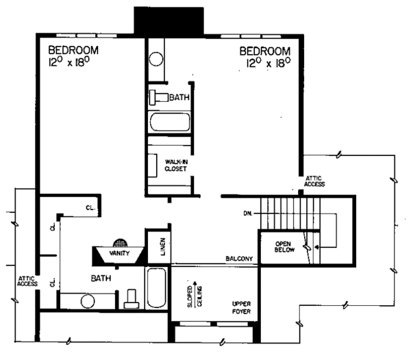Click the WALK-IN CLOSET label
tap(177, 165)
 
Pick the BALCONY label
tap(240, 259)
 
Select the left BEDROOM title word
tap(73, 50)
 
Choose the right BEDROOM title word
tap(264, 50)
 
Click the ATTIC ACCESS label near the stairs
tap(316, 181)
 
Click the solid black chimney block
tap(169, 21)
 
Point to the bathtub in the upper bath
tap(170, 123)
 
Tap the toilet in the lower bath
tap(132, 299)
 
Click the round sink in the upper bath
tap(156, 56)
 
